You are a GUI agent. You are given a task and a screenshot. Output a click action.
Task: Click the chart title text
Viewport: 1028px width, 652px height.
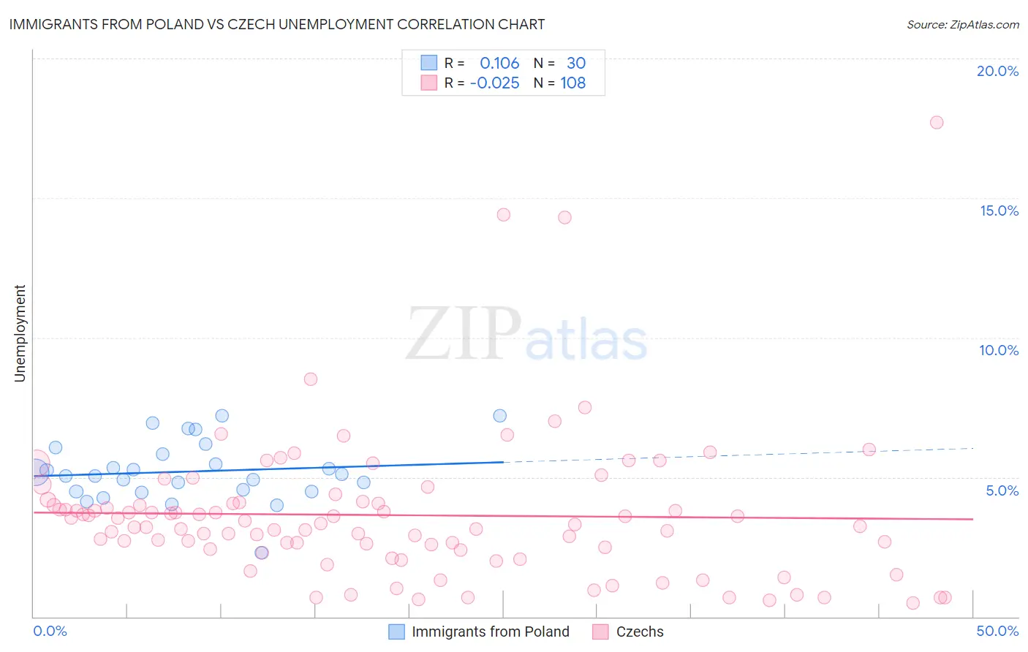[x=277, y=24]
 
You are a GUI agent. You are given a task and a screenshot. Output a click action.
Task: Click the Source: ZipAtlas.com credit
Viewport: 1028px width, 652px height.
[x=962, y=24]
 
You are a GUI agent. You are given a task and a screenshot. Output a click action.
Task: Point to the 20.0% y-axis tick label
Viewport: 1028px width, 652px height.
[x=997, y=71]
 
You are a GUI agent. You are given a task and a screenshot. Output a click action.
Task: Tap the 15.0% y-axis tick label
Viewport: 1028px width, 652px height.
[x=999, y=211]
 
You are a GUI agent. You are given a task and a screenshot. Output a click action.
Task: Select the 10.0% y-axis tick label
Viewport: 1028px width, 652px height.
[x=999, y=350]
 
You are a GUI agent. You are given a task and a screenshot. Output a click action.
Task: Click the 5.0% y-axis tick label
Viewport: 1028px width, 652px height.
[x=1002, y=490]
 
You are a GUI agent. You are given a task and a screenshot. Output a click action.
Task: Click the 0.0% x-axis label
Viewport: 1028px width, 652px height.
[x=50, y=631]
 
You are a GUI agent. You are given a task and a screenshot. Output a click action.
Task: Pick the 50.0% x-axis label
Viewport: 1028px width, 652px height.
[x=997, y=631]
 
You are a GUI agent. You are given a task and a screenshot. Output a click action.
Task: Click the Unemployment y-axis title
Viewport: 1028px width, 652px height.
[x=20, y=333]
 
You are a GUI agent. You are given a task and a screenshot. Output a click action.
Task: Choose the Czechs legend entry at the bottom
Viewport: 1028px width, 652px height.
[x=639, y=632]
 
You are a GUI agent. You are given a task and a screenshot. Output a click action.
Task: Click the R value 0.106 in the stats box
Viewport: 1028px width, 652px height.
[x=499, y=64]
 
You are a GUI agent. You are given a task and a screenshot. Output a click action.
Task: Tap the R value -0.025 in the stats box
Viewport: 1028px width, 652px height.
[x=495, y=83]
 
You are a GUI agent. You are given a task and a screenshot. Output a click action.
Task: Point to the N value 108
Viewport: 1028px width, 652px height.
[x=573, y=83]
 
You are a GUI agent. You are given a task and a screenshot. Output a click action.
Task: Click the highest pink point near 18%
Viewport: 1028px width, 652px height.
[x=937, y=122]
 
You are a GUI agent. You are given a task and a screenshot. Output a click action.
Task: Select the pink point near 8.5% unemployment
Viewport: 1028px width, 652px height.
[x=311, y=379]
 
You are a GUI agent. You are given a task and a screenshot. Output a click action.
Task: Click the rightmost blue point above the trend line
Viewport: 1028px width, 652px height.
[x=500, y=416]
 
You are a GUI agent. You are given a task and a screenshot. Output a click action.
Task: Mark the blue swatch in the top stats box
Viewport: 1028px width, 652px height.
[x=428, y=63]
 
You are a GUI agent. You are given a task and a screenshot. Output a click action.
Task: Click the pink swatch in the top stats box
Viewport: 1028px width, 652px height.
[x=428, y=83]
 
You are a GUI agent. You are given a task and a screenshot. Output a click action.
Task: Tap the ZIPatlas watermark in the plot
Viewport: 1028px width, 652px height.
[x=526, y=334]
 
